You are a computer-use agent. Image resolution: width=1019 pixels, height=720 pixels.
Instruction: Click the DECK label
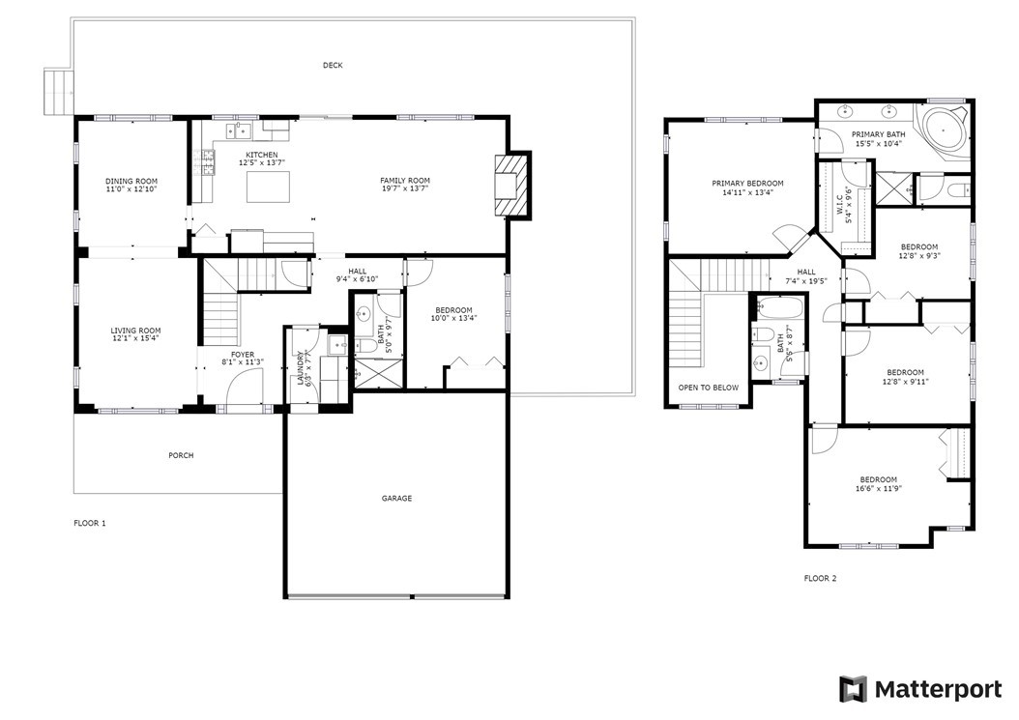(333, 65)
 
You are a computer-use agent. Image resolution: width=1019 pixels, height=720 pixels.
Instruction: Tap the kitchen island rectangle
(268, 187)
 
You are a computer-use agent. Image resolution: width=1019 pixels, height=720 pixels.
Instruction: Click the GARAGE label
(396, 499)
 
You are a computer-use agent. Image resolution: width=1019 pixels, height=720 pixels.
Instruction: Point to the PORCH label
(182, 455)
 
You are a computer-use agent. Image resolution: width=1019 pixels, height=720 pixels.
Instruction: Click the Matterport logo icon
(854, 689)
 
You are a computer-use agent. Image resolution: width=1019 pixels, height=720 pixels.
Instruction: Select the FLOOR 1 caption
(90, 523)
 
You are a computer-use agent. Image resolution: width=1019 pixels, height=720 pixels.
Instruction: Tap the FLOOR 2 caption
(820, 578)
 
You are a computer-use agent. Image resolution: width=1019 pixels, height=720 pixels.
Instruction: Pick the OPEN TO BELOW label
(709, 388)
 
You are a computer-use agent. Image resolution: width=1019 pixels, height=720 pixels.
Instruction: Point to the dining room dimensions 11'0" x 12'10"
(131, 189)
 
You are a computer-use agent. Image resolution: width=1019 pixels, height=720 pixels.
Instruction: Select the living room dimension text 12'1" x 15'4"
(135, 338)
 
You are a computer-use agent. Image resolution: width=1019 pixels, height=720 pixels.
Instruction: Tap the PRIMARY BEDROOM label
(747, 184)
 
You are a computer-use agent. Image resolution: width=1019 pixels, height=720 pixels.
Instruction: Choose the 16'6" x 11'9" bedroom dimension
(879, 489)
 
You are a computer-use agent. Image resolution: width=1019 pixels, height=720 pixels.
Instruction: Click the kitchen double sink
(239, 130)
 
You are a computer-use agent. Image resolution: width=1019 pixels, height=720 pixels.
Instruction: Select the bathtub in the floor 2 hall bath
(777, 307)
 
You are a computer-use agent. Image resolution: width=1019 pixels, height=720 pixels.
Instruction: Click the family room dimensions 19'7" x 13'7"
(405, 188)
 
